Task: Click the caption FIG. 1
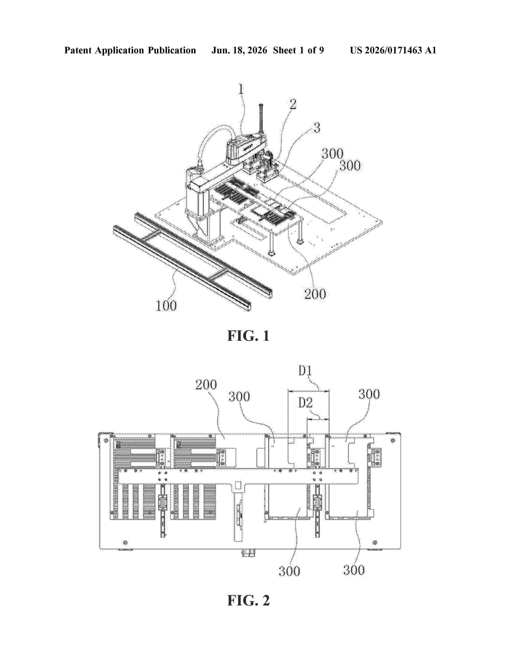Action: (248, 336)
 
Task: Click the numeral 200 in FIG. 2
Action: (206, 385)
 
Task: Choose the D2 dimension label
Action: (305, 403)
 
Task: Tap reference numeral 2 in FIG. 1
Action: (293, 104)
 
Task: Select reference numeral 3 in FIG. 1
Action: (317, 128)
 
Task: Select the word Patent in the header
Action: (78, 50)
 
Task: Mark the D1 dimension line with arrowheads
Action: (308, 391)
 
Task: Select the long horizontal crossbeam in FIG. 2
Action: (238, 476)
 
